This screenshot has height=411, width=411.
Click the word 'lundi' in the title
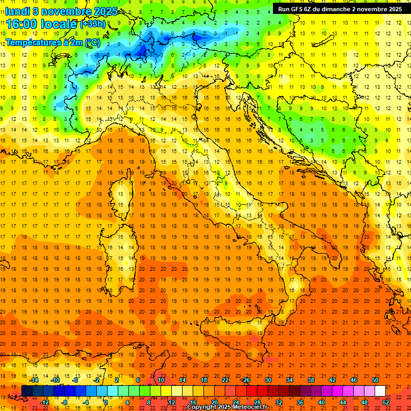(x=17, y=11)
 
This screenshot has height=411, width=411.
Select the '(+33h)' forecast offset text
(x=93, y=24)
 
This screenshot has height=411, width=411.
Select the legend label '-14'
(x=34, y=380)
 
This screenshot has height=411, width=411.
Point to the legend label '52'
(x=386, y=402)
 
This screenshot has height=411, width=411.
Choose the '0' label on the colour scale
(x=106, y=402)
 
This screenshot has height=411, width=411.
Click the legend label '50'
(x=375, y=380)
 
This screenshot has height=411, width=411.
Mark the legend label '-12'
(x=44, y=402)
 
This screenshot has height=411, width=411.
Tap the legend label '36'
(x=300, y=402)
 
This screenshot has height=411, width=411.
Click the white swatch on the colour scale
(x=380, y=391)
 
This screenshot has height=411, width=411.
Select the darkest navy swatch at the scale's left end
(x=27, y=391)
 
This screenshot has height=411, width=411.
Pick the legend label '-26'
(x=246, y=380)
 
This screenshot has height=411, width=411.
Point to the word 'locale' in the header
(x=60, y=24)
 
